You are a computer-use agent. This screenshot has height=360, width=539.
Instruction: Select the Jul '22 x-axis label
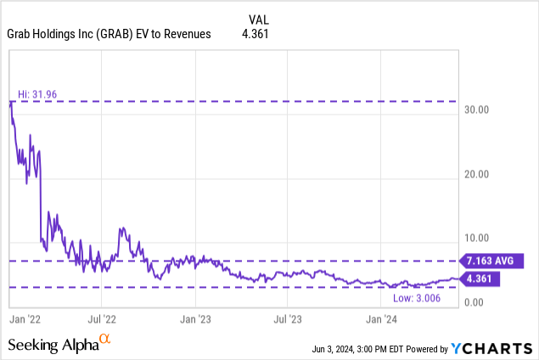[x=103, y=319]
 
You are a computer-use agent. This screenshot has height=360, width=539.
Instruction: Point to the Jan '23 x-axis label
[x=196, y=319]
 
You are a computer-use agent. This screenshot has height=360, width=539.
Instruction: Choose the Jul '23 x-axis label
[x=289, y=319]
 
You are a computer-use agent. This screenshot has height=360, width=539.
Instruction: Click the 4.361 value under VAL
[x=260, y=34]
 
